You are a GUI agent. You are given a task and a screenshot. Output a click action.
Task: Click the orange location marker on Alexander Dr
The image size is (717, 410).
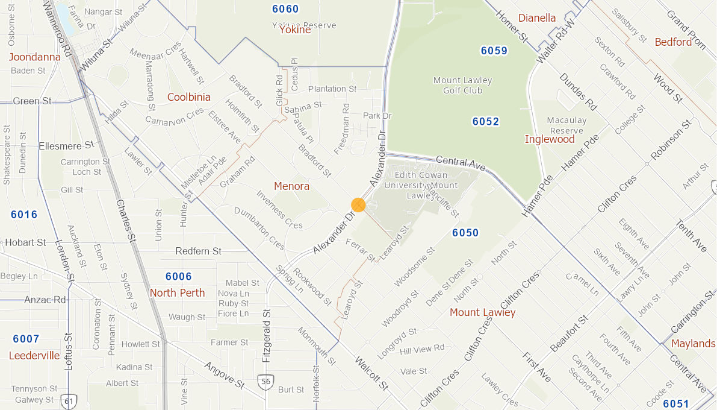pyautogui.click(x=358, y=205)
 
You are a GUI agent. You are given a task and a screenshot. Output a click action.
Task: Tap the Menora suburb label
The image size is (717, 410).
pyautogui.click(x=291, y=186)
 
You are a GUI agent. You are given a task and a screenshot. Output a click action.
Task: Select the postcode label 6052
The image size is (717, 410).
pyautogui.click(x=485, y=122)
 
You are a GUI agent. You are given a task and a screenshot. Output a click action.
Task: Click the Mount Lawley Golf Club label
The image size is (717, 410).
pyautogui.click(x=462, y=85)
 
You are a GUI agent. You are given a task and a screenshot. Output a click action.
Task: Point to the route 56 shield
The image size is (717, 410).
pyautogui.click(x=266, y=381)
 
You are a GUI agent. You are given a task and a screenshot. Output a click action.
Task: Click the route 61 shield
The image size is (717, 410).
pyautogui.click(x=69, y=400)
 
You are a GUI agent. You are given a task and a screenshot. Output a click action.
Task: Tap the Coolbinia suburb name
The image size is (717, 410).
pyautogui.click(x=189, y=97)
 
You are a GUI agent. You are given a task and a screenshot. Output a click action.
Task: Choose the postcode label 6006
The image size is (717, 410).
pyautogui.click(x=178, y=277)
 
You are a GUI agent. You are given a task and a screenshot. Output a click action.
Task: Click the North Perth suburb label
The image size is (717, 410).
pyautogui.click(x=177, y=293)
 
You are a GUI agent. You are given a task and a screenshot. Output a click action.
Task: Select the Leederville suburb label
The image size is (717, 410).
pyautogui.click(x=34, y=356)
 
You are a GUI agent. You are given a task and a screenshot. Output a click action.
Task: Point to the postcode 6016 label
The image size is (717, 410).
pyautogui.click(x=24, y=215)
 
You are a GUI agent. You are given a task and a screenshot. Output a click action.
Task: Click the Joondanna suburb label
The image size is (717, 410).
pyautogui.click(x=34, y=57)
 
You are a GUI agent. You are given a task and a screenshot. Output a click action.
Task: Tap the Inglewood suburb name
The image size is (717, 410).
pyautogui.click(x=550, y=139)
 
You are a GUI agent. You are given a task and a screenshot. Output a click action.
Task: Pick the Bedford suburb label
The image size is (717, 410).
pyautogui.click(x=673, y=42)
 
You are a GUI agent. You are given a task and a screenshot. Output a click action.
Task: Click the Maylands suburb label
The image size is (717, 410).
pyautogui.click(x=693, y=344)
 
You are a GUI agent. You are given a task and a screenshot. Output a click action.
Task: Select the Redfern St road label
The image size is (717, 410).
pyautogui.click(x=199, y=251)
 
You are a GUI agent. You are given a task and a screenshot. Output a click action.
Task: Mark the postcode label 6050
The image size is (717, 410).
pyautogui.click(x=465, y=233)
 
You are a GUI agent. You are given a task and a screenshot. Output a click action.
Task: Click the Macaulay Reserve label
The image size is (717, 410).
pyautogui.click(x=566, y=125)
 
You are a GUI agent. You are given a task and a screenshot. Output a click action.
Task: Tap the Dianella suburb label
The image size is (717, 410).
pyautogui.click(x=537, y=18)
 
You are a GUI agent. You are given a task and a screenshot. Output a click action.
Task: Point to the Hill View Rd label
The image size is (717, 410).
pyautogui.click(x=421, y=348)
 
